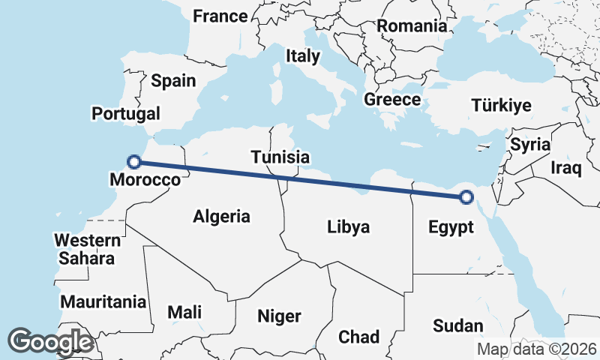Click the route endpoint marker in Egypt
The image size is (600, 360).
[x=466, y=197]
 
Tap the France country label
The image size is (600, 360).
[x=220, y=16]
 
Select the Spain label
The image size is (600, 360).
[x=173, y=81]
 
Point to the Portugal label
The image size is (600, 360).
[x=126, y=114]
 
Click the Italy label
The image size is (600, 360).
[x=303, y=56]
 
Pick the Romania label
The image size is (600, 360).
[x=412, y=26]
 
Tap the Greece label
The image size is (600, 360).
[x=392, y=100]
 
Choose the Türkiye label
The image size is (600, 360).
[x=502, y=106]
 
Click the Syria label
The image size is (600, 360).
[x=530, y=145]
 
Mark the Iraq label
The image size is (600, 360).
[x=566, y=167]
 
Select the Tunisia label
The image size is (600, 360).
[x=280, y=157]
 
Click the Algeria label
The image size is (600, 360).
[x=221, y=217]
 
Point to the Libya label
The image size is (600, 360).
[x=349, y=226]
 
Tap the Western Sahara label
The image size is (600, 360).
[x=87, y=250]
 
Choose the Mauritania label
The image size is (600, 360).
[x=103, y=302]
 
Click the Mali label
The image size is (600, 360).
[x=184, y=312]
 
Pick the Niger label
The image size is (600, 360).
[x=279, y=316]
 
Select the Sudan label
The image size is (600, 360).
[x=458, y=325]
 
